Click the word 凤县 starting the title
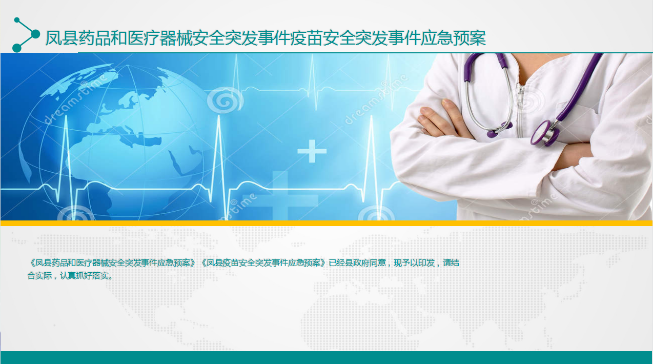click(62, 38)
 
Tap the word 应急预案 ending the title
click(453, 38)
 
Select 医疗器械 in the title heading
click(160, 38)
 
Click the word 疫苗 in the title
click(307, 38)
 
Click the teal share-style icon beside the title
click(26, 35)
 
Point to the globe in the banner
click(117, 140)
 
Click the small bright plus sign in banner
click(312, 151)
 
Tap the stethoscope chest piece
click(544, 133)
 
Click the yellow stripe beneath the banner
click(326, 223)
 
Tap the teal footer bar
click(326, 357)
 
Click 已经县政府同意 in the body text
click(357, 263)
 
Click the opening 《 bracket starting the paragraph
click(31, 263)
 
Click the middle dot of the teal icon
click(35, 34)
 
